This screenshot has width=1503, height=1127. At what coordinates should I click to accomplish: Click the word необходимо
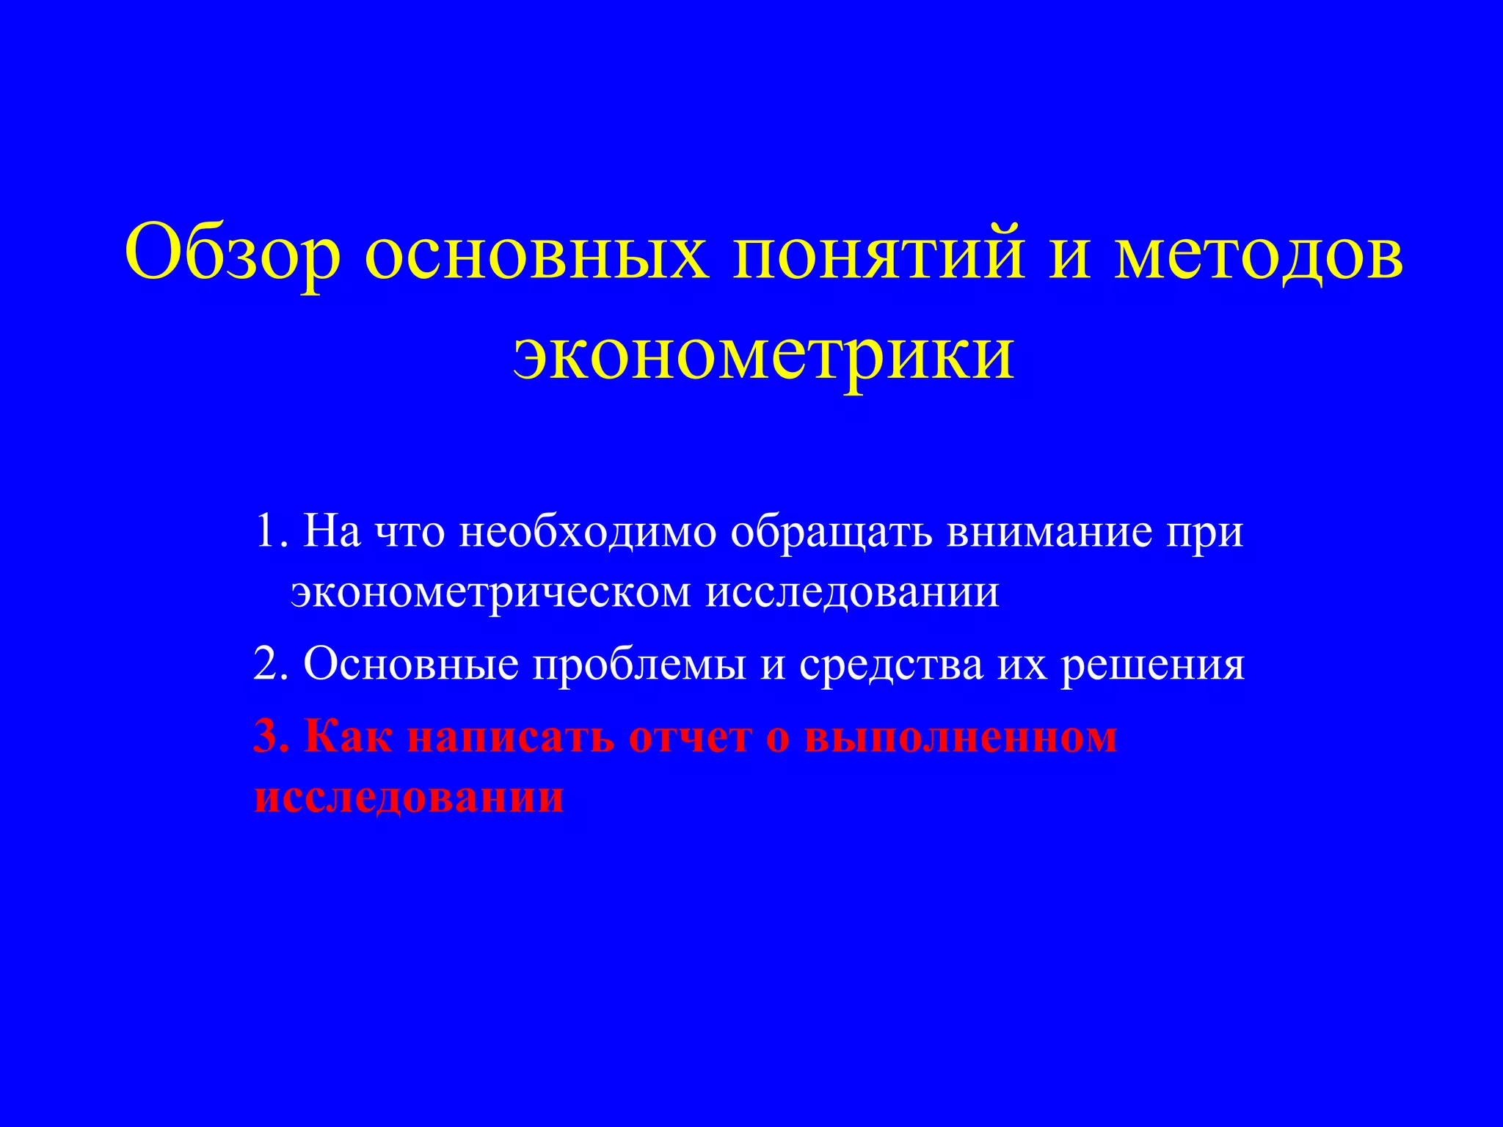588,531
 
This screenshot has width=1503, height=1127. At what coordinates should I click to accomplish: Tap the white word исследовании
852,591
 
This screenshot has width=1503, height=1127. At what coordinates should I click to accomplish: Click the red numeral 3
266,737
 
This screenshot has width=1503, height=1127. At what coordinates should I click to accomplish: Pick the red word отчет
691,737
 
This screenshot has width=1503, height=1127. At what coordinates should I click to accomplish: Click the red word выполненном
961,737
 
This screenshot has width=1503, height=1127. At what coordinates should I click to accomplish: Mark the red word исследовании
409,797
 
